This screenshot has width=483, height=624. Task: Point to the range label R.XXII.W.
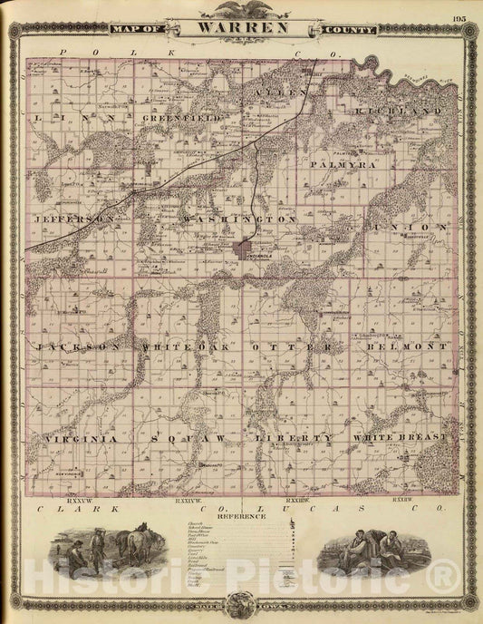404,499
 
